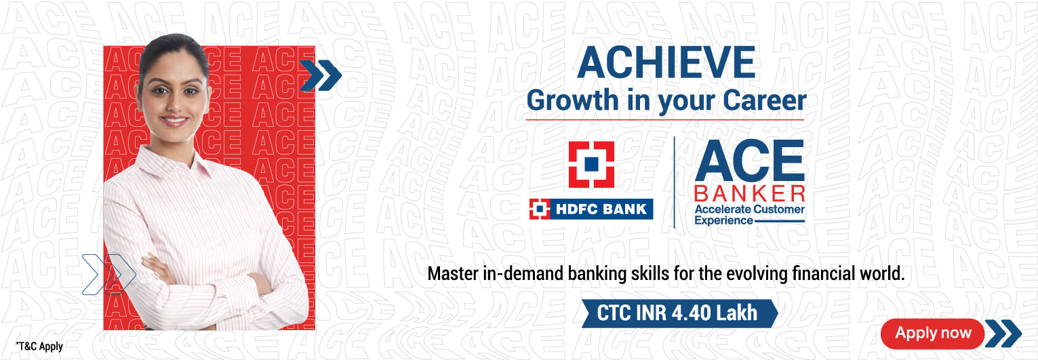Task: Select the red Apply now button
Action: click(x=932, y=333)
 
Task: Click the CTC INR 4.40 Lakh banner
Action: click(x=678, y=313)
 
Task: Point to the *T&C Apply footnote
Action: click(x=39, y=346)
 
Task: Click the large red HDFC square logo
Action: click(x=591, y=165)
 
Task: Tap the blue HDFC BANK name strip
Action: click(x=591, y=209)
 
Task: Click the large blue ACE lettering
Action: click(x=748, y=161)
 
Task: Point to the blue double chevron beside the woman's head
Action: click(x=320, y=75)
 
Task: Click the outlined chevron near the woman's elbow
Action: click(x=108, y=274)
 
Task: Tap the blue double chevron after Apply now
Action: click(x=1003, y=333)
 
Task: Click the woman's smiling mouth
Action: click(x=174, y=121)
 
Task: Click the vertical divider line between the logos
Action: click(x=674, y=182)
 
